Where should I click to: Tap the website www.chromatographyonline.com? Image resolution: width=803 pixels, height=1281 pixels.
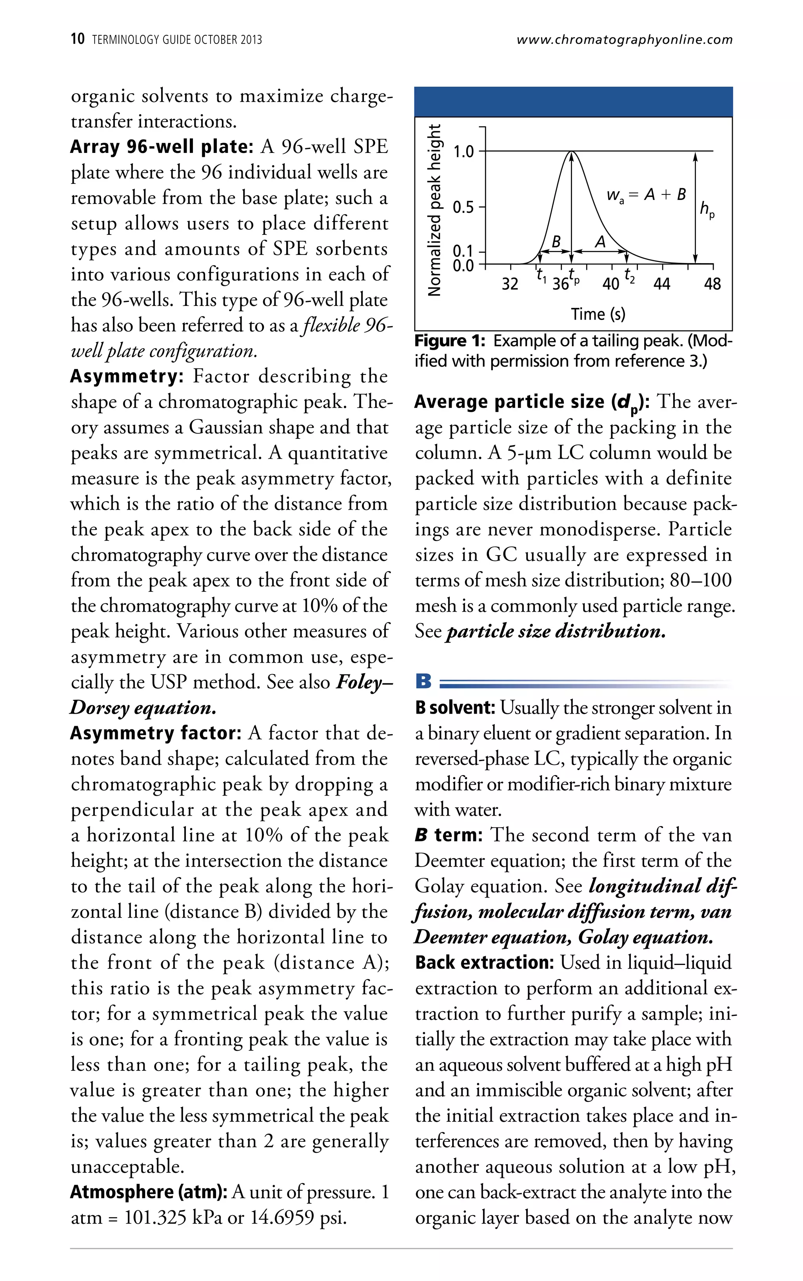624,39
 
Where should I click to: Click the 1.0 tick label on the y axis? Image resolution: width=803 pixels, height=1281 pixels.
463,151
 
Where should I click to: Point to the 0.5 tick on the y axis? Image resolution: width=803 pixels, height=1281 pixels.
463,207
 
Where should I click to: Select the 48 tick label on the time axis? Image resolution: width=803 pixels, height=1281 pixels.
712,284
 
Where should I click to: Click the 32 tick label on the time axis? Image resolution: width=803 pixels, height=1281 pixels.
510,284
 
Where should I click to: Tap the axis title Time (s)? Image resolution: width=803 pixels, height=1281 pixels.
598,314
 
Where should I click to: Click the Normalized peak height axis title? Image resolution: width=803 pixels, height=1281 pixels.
434,210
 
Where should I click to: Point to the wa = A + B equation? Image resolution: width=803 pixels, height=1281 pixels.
646,195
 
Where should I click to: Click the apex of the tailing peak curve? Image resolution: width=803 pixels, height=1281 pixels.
571,153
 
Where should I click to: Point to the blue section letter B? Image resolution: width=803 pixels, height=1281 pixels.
423,681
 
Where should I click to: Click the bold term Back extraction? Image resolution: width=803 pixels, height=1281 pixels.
484,962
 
